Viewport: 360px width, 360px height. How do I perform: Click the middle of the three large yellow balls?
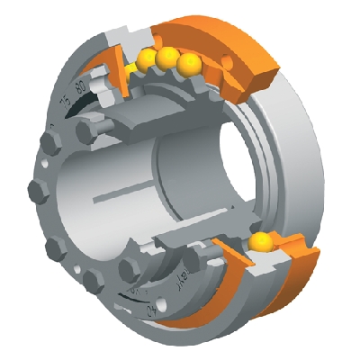coord(166,58)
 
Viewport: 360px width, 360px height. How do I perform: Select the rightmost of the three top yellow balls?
coord(188,65)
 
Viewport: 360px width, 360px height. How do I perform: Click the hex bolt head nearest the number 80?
coord(88,131)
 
